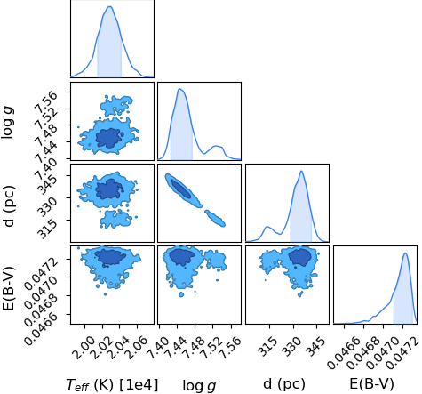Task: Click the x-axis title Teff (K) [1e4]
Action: tap(112, 385)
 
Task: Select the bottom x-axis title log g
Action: tap(199, 385)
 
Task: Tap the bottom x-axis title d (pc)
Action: tap(284, 384)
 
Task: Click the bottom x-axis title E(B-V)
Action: tap(371, 384)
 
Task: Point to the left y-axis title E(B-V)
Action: tap(10, 285)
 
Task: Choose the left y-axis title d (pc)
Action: tap(10, 206)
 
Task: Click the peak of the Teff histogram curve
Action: tap(110, 6)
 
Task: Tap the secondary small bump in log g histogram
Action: tap(217, 146)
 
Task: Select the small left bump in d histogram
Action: tap(267, 227)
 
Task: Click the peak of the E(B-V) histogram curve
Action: tap(405, 253)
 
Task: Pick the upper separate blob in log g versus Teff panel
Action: tap(116, 106)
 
